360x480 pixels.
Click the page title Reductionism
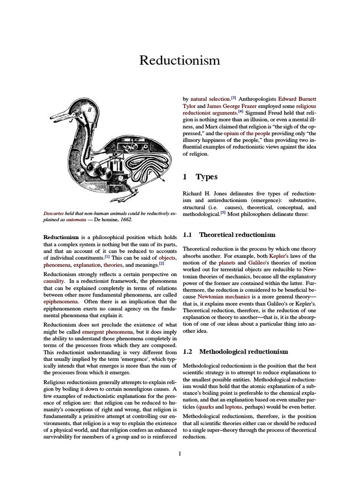coord(180,61)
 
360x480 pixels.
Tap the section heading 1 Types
coord(200,177)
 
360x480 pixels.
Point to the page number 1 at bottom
coord(180,453)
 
